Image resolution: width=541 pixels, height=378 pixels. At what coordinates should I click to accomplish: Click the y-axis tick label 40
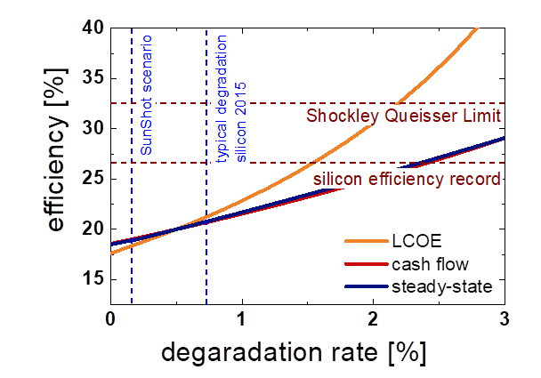91,28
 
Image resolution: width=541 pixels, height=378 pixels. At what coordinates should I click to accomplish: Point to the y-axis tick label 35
91,78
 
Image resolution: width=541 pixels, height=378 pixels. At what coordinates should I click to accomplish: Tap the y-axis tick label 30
91,129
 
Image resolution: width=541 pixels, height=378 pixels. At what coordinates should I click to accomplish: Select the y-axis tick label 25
91,179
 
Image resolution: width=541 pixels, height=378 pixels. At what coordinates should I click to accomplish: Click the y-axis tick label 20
91,229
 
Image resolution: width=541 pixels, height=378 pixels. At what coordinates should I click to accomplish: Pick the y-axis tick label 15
91,279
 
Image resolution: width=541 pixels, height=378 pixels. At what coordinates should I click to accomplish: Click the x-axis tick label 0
109,318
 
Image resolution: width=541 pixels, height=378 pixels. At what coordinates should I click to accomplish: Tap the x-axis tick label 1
241,318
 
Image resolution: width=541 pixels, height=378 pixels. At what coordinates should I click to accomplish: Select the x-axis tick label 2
373,318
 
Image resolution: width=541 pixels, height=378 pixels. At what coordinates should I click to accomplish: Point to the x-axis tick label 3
504,318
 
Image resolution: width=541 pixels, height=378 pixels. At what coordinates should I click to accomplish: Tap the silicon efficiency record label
407,179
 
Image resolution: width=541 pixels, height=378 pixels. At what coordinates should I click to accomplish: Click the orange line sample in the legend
367,241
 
